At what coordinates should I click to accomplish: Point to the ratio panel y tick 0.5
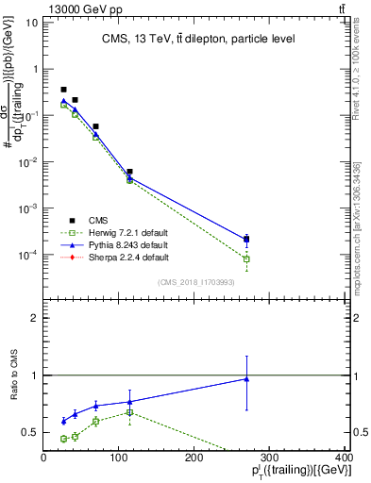click(x=29, y=433)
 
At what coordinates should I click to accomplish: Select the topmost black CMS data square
click(x=63, y=90)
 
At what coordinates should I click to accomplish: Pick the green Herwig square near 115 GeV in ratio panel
click(x=129, y=412)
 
